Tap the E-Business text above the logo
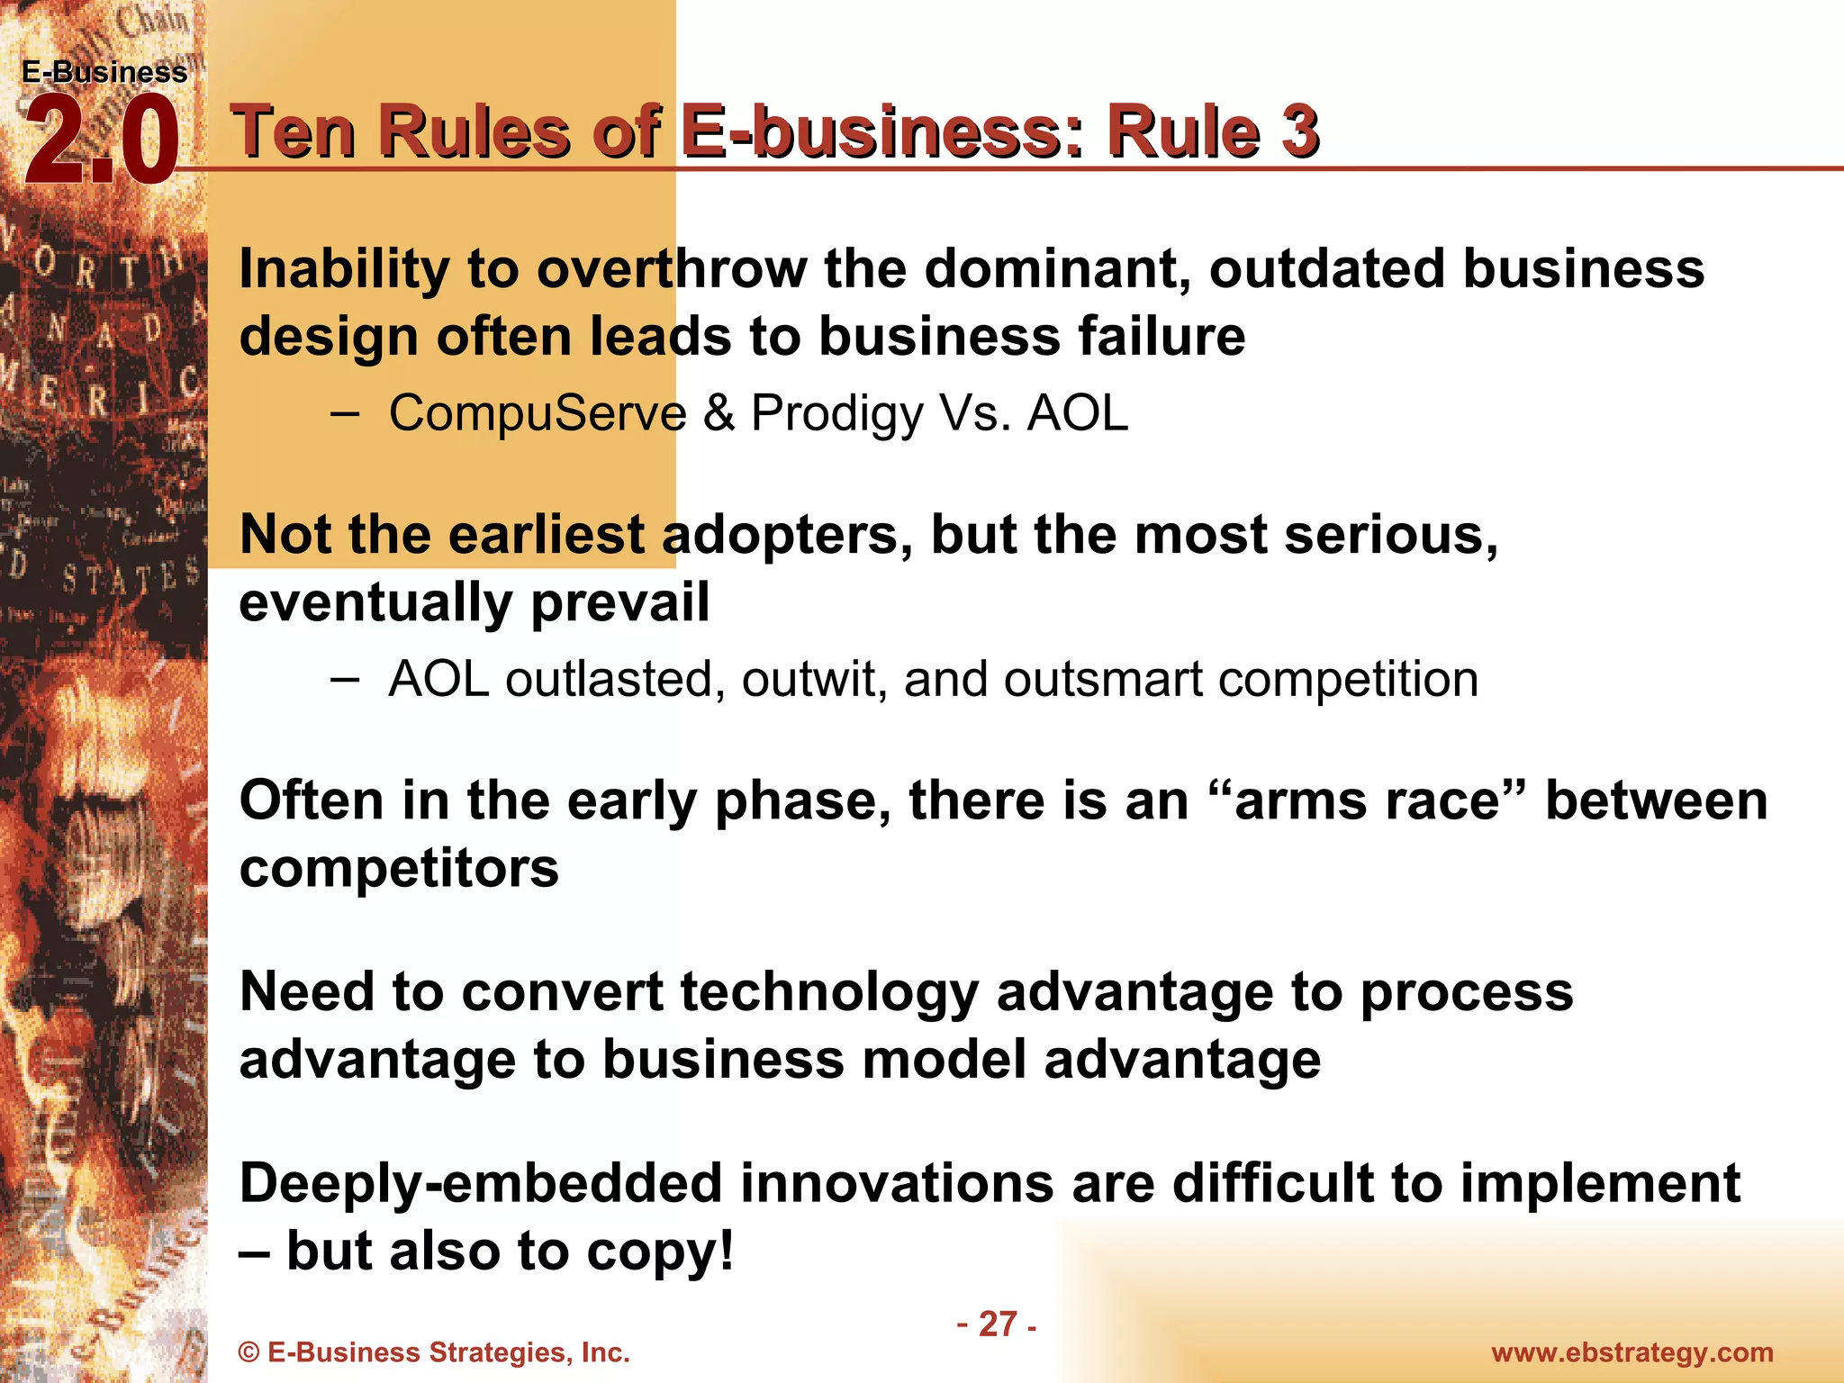tap(104, 72)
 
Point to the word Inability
tap(343, 269)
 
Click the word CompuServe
tap(538, 413)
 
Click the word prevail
tap(620, 603)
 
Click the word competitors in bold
tap(399, 869)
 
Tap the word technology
tap(828, 993)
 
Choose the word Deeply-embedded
tap(481, 1184)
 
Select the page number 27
tap(998, 1324)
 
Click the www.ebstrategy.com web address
tap(1632, 1352)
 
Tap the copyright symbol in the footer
tap(249, 1352)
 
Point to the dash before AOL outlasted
tap(344, 679)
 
